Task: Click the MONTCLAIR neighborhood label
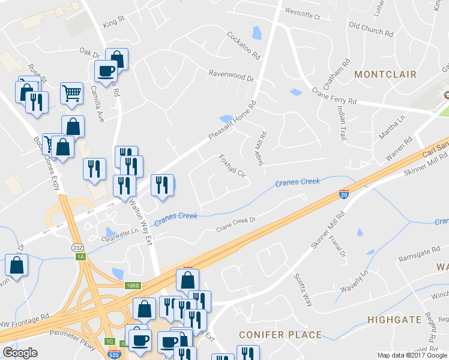[x=385, y=74]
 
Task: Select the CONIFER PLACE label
[x=280, y=334]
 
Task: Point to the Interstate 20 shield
[x=343, y=194]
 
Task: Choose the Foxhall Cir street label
[x=234, y=166]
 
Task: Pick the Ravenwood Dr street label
[x=231, y=76]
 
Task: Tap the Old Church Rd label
[x=371, y=26]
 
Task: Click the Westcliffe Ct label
[x=303, y=11]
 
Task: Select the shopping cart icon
[x=71, y=93]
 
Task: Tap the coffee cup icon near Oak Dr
[x=106, y=71]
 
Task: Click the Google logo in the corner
[x=20, y=353]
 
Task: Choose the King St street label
[x=113, y=22]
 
